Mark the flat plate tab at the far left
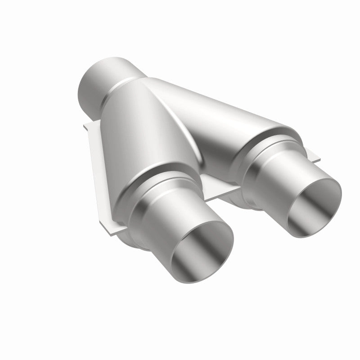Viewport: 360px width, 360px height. click(x=93, y=130)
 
